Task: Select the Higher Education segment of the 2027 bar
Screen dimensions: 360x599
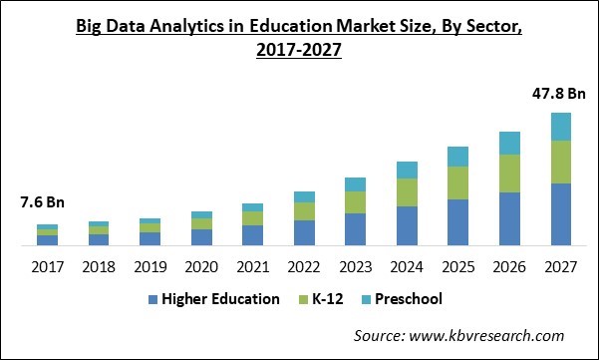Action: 561,214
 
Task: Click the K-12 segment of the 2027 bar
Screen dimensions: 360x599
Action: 561,162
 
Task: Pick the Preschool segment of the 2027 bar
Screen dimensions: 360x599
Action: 561,127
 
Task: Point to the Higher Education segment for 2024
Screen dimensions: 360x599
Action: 407,225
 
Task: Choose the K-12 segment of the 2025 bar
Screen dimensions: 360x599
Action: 457,182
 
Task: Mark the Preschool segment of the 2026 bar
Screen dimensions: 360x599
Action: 509,143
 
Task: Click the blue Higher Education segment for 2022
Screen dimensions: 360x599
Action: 304,232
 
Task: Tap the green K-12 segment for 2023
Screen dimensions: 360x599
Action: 355,201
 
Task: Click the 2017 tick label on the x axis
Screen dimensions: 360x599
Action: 47,266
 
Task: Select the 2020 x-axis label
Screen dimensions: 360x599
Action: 201,266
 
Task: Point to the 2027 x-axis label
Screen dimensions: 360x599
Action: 561,266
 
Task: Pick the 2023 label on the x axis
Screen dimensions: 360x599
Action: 355,266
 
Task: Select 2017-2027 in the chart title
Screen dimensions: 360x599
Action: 299,52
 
